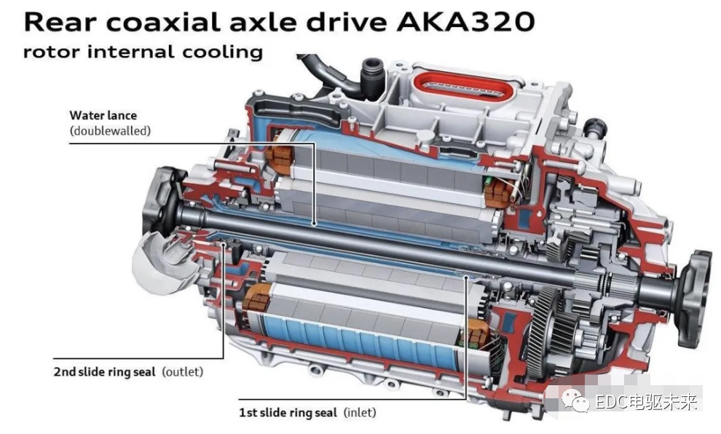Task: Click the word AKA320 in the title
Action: click(465, 22)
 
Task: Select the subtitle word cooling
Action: click(223, 52)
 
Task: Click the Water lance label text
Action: click(103, 115)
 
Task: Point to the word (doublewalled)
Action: click(110, 130)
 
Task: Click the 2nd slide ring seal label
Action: click(104, 371)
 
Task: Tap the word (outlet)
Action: click(183, 371)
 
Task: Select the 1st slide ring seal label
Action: click(288, 412)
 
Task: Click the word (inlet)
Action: click(360, 412)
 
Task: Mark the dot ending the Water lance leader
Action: click(315, 224)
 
